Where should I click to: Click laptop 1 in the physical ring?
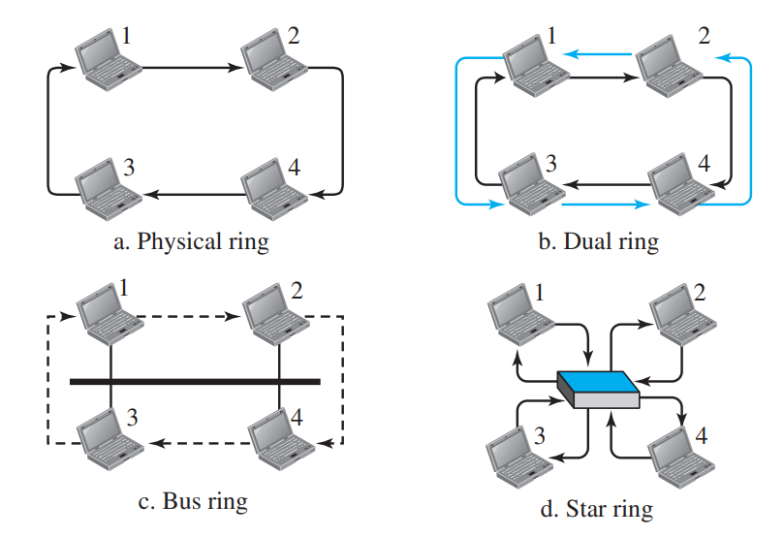pyautogui.click(x=107, y=60)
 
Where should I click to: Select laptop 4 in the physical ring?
pyautogui.click(x=272, y=181)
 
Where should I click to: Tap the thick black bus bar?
pyautogui.click(x=195, y=382)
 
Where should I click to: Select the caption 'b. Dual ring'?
pyautogui.click(x=598, y=241)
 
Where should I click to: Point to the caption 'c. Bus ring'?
pyautogui.click(x=192, y=501)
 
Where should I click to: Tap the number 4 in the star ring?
pyautogui.click(x=702, y=433)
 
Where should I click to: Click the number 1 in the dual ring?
pyautogui.click(x=552, y=37)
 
